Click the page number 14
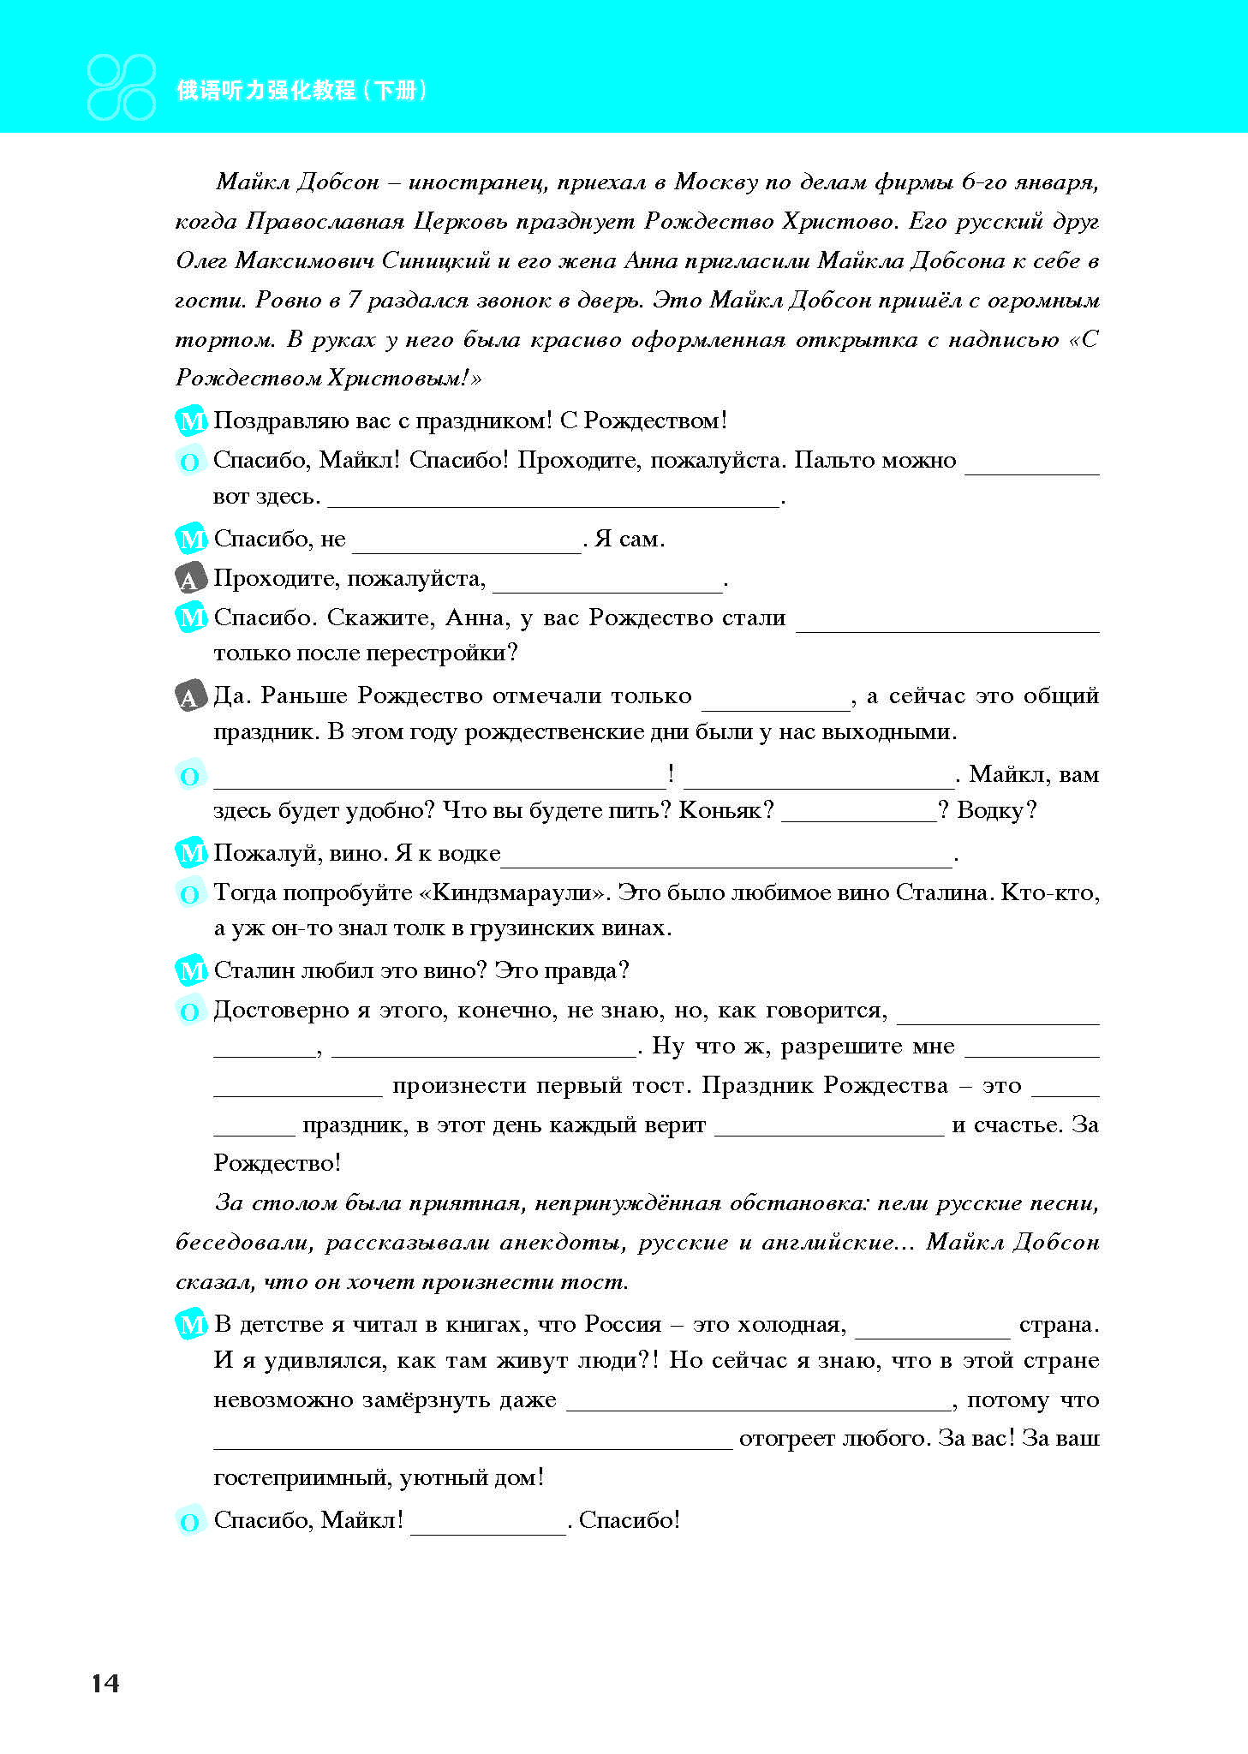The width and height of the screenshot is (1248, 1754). pos(105,1683)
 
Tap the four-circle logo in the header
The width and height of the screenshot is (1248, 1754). pos(122,87)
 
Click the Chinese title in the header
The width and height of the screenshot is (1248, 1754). pos(302,90)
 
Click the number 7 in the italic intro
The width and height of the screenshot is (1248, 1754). pos(354,300)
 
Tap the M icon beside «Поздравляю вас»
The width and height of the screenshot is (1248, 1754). pos(191,421)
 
